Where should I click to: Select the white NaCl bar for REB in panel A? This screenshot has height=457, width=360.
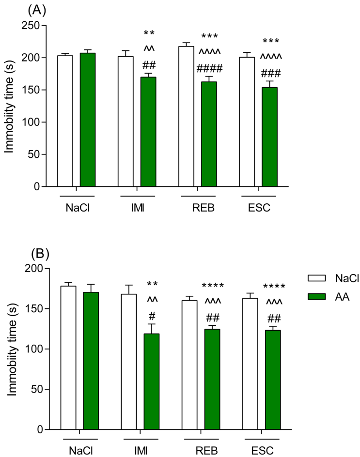pyautogui.click(x=187, y=116)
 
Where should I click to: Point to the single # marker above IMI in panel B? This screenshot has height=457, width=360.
pyautogui.click(x=152, y=316)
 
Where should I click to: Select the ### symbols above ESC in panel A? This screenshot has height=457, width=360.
pyautogui.click(x=270, y=74)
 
